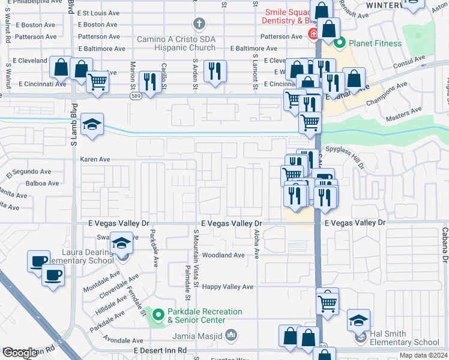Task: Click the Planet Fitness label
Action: point(367,43)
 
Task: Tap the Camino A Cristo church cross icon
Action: point(199,24)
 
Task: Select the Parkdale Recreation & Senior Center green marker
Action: point(158,314)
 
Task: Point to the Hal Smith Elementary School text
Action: point(404,338)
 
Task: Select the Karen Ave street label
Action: point(95,160)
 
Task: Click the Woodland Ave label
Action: point(223,255)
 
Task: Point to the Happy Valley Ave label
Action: point(227,287)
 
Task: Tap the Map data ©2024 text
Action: point(423,355)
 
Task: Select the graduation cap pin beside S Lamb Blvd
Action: point(92,125)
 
